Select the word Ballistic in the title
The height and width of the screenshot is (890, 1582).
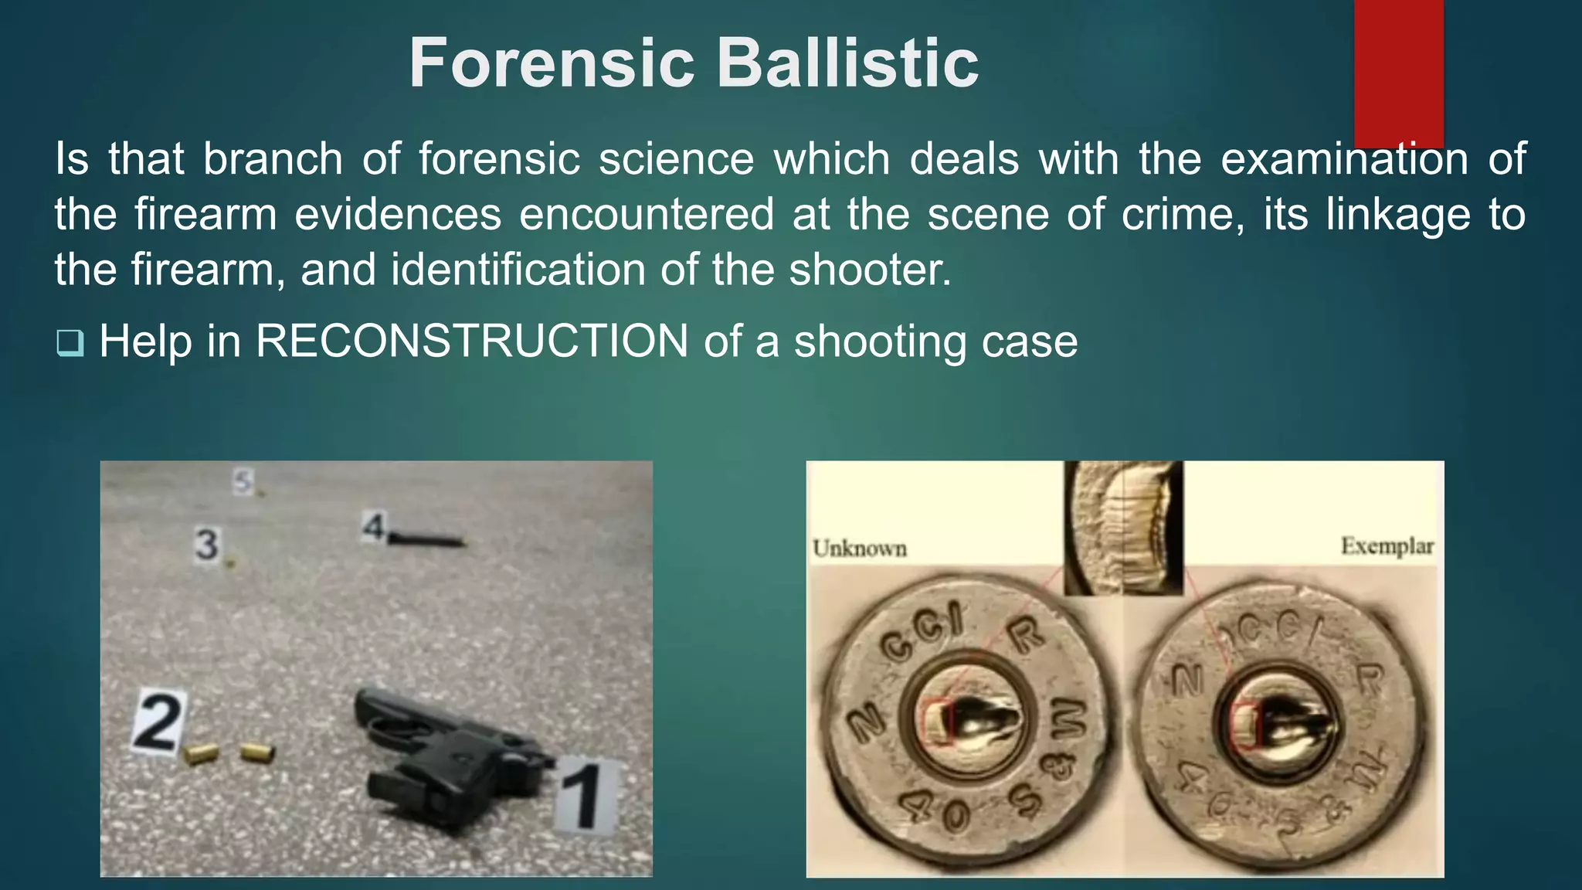coord(848,63)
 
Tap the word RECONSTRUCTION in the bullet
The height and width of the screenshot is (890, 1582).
coord(471,341)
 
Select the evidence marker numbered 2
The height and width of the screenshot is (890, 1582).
coord(158,722)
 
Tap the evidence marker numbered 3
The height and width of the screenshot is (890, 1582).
coord(206,545)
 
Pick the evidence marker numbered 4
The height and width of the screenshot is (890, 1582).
coord(374,528)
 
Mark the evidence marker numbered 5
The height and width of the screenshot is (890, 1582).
coord(243,482)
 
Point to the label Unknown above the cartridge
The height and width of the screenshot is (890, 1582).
coord(859,549)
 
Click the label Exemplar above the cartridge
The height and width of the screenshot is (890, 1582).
coord(1387,546)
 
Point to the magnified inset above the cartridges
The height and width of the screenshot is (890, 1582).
coord(1123,527)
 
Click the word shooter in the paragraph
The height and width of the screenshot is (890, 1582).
coord(870,270)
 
